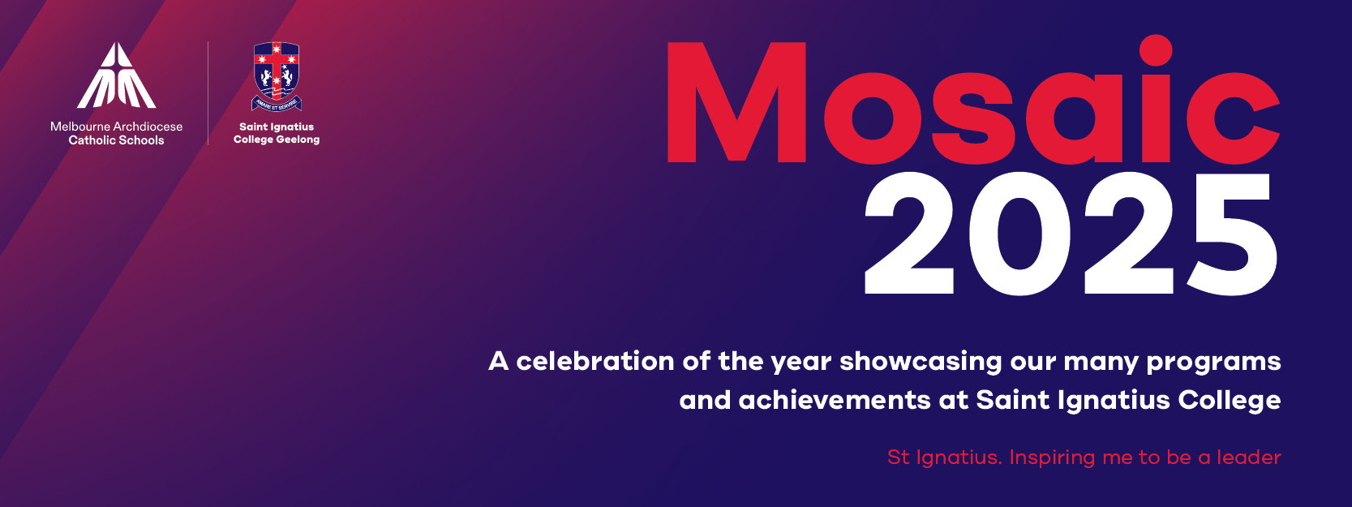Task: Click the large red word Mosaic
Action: click(973, 100)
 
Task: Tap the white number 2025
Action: click(1070, 234)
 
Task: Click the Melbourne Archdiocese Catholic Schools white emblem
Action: click(117, 75)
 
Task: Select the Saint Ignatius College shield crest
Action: click(277, 76)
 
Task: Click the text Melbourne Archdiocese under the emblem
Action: click(117, 127)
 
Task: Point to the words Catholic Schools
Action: click(117, 140)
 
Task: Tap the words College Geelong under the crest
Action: click(277, 140)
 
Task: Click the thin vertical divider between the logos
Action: click(208, 93)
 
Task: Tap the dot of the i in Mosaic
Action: click(1153, 50)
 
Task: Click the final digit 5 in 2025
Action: click(1232, 235)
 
